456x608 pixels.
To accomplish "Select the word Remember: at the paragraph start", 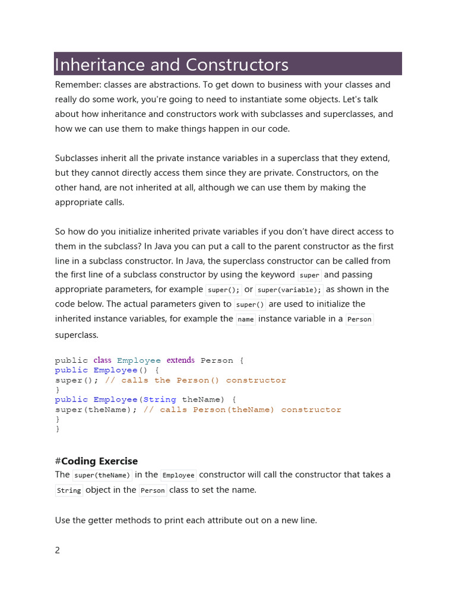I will click(x=77, y=85).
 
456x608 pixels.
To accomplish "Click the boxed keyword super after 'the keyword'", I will click(x=309, y=275).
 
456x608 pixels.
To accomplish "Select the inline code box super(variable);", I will click(x=289, y=290).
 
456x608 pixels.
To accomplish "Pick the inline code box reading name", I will click(x=245, y=319).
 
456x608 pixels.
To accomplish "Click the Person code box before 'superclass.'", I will click(x=359, y=319).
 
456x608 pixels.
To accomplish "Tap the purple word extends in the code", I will click(x=180, y=360).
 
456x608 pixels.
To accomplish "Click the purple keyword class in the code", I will click(x=102, y=360).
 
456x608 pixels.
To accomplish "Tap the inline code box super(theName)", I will click(x=102, y=475).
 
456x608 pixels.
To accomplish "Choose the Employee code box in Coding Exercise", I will click(x=178, y=475).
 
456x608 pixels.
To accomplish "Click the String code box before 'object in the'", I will click(x=69, y=490).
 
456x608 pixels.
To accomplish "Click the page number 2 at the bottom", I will click(x=58, y=550).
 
